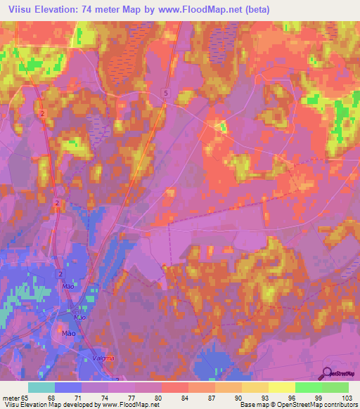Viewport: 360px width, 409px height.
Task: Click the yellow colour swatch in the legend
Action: coord(281,387)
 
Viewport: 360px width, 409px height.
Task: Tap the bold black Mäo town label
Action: coord(69,333)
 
